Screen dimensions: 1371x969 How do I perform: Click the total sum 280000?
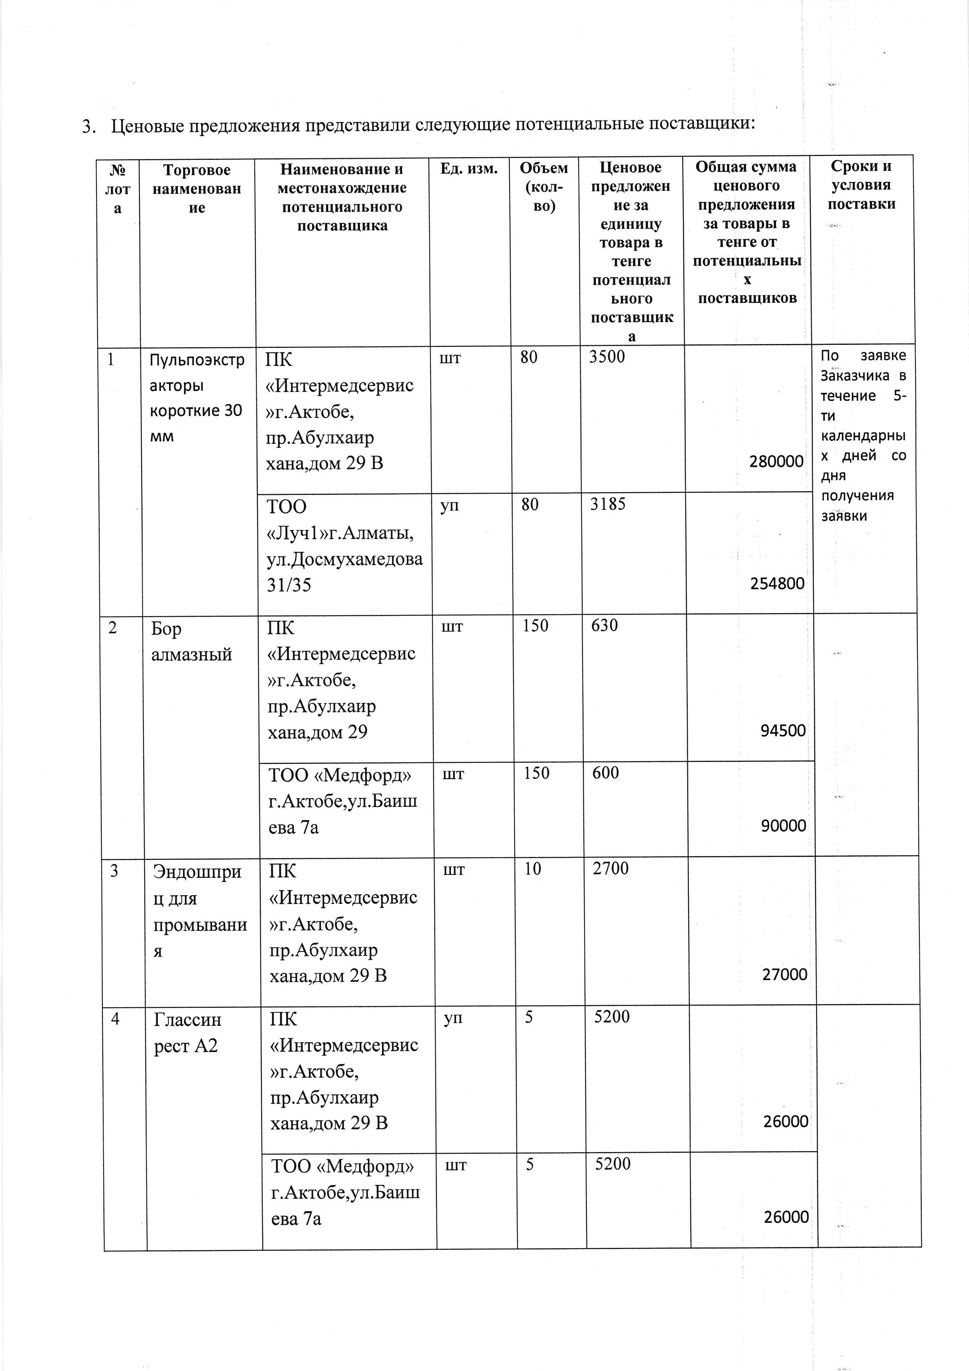(776, 462)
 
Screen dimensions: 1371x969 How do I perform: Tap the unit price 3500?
(607, 357)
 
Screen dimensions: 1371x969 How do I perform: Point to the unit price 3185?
(608, 505)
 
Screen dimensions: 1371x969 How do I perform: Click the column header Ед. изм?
(469, 169)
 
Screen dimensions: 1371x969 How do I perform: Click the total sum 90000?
(783, 826)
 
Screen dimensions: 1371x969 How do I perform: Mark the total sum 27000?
(785, 975)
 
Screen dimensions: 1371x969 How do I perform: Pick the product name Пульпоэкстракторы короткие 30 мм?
(196, 398)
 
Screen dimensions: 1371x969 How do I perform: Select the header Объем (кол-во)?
(543, 187)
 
